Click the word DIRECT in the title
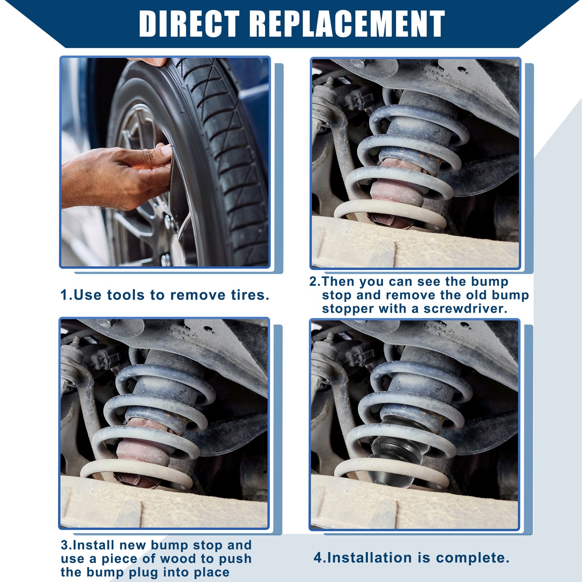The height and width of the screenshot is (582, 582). [190, 23]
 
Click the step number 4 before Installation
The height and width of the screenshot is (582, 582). [318, 557]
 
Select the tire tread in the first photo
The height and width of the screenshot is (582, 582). [230, 157]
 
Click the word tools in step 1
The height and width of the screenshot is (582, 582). [127, 295]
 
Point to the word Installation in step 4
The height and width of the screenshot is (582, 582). [369, 557]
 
